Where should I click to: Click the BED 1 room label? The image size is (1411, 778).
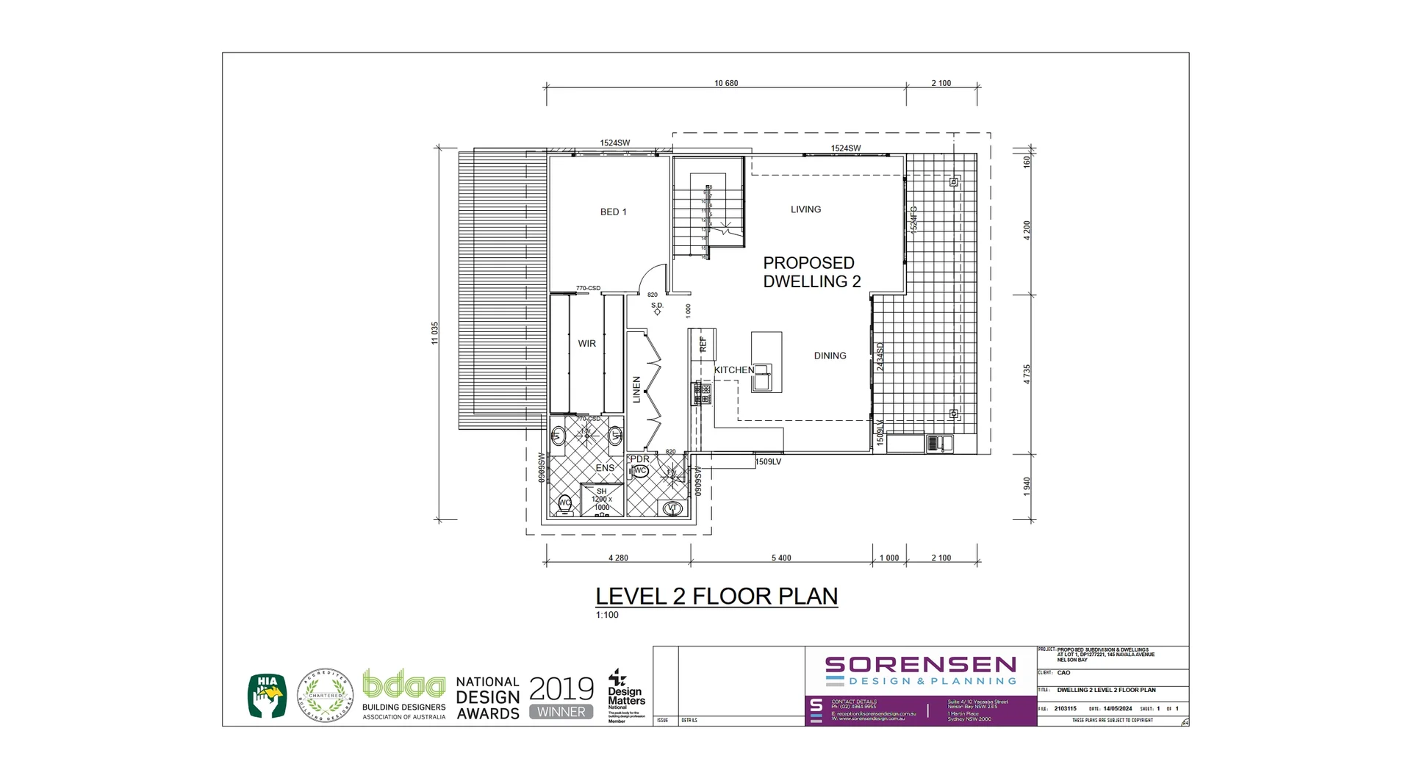click(x=613, y=212)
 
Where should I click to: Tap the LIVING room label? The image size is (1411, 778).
click(x=805, y=209)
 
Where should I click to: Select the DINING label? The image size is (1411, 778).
click(x=830, y=356)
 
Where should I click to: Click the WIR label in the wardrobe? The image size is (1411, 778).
click(x=586, y=344)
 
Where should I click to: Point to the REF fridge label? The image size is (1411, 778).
click(x=703, y=344)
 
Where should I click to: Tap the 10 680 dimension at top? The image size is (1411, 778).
click(x=726, y=83)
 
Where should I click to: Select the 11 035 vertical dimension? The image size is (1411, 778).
click(x=434, y=333)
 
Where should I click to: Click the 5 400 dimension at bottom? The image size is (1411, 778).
click(x=781, y=558)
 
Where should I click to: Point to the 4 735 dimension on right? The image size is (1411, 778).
click(x=1027, y=374)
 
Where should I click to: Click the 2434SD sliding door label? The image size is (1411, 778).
click(x=880, y=356)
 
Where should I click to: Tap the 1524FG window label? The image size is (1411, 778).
click(x=913, y=219)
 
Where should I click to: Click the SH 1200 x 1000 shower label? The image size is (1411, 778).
click(x=601, y=500)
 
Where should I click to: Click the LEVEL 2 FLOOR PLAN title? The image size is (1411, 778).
click(x=717, y=596)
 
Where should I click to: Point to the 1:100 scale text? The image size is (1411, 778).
click(x=607, y=615)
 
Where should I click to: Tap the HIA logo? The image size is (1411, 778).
click(x=268, y=696)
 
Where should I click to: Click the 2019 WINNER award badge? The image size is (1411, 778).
click(x=561, y=697)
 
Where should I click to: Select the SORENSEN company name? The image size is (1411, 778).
click(x=920, y=665)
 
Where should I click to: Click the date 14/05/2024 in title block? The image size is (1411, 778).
click(x=1117, y=709)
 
